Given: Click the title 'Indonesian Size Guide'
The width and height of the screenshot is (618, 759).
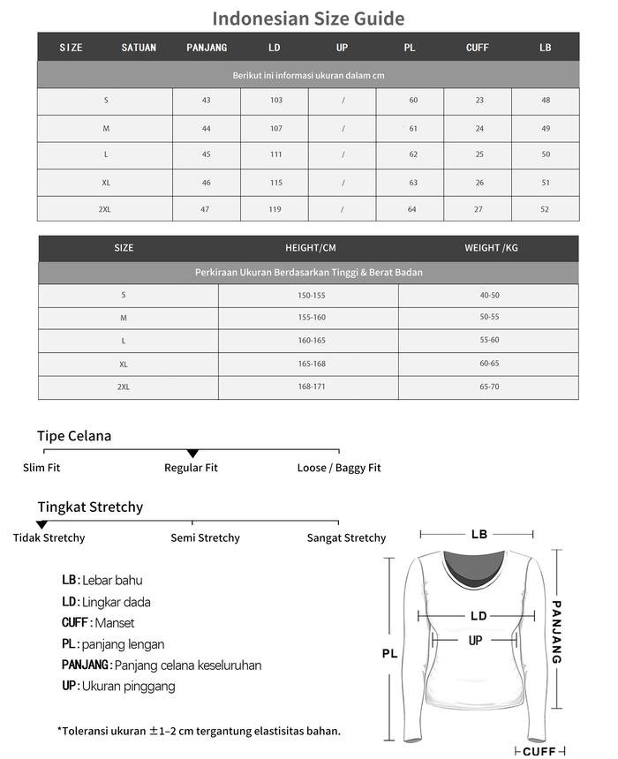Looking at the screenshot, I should [308, 19].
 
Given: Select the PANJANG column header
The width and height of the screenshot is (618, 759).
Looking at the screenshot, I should [207, 48].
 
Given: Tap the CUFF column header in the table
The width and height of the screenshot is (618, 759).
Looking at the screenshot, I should [478, 48].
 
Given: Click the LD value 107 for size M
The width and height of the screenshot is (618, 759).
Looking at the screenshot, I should [275, 129].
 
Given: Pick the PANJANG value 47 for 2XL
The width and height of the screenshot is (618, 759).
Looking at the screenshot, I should [207, 209].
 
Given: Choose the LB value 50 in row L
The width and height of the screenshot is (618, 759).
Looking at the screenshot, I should [546, 155].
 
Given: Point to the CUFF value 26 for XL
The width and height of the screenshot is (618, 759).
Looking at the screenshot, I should [479, 183].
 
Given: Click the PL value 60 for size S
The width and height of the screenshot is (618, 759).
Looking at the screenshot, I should [413, 101].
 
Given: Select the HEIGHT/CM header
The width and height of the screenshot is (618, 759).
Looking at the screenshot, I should [310, 248].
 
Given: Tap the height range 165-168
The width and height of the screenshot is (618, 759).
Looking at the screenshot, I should [311, 364].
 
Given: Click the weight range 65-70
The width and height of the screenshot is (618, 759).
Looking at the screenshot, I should [489, 387].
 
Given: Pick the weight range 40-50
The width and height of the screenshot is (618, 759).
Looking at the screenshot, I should [489, 296].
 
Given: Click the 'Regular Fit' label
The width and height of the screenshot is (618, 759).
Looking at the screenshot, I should [191, 468].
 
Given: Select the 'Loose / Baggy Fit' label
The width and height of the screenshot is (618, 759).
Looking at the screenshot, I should [339, 468].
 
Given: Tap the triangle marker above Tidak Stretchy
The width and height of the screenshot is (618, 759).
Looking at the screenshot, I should [41, 525].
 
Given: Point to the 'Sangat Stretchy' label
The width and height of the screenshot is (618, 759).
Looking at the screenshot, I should [346, 538].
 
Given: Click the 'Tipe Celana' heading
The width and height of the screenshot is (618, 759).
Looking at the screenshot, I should [74, 436].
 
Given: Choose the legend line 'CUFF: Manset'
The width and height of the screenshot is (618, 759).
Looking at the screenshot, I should [98, 623].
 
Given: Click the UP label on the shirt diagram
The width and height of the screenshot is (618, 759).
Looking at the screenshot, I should [475, 641].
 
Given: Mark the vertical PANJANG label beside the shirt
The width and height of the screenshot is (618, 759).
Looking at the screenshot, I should [556, 632].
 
